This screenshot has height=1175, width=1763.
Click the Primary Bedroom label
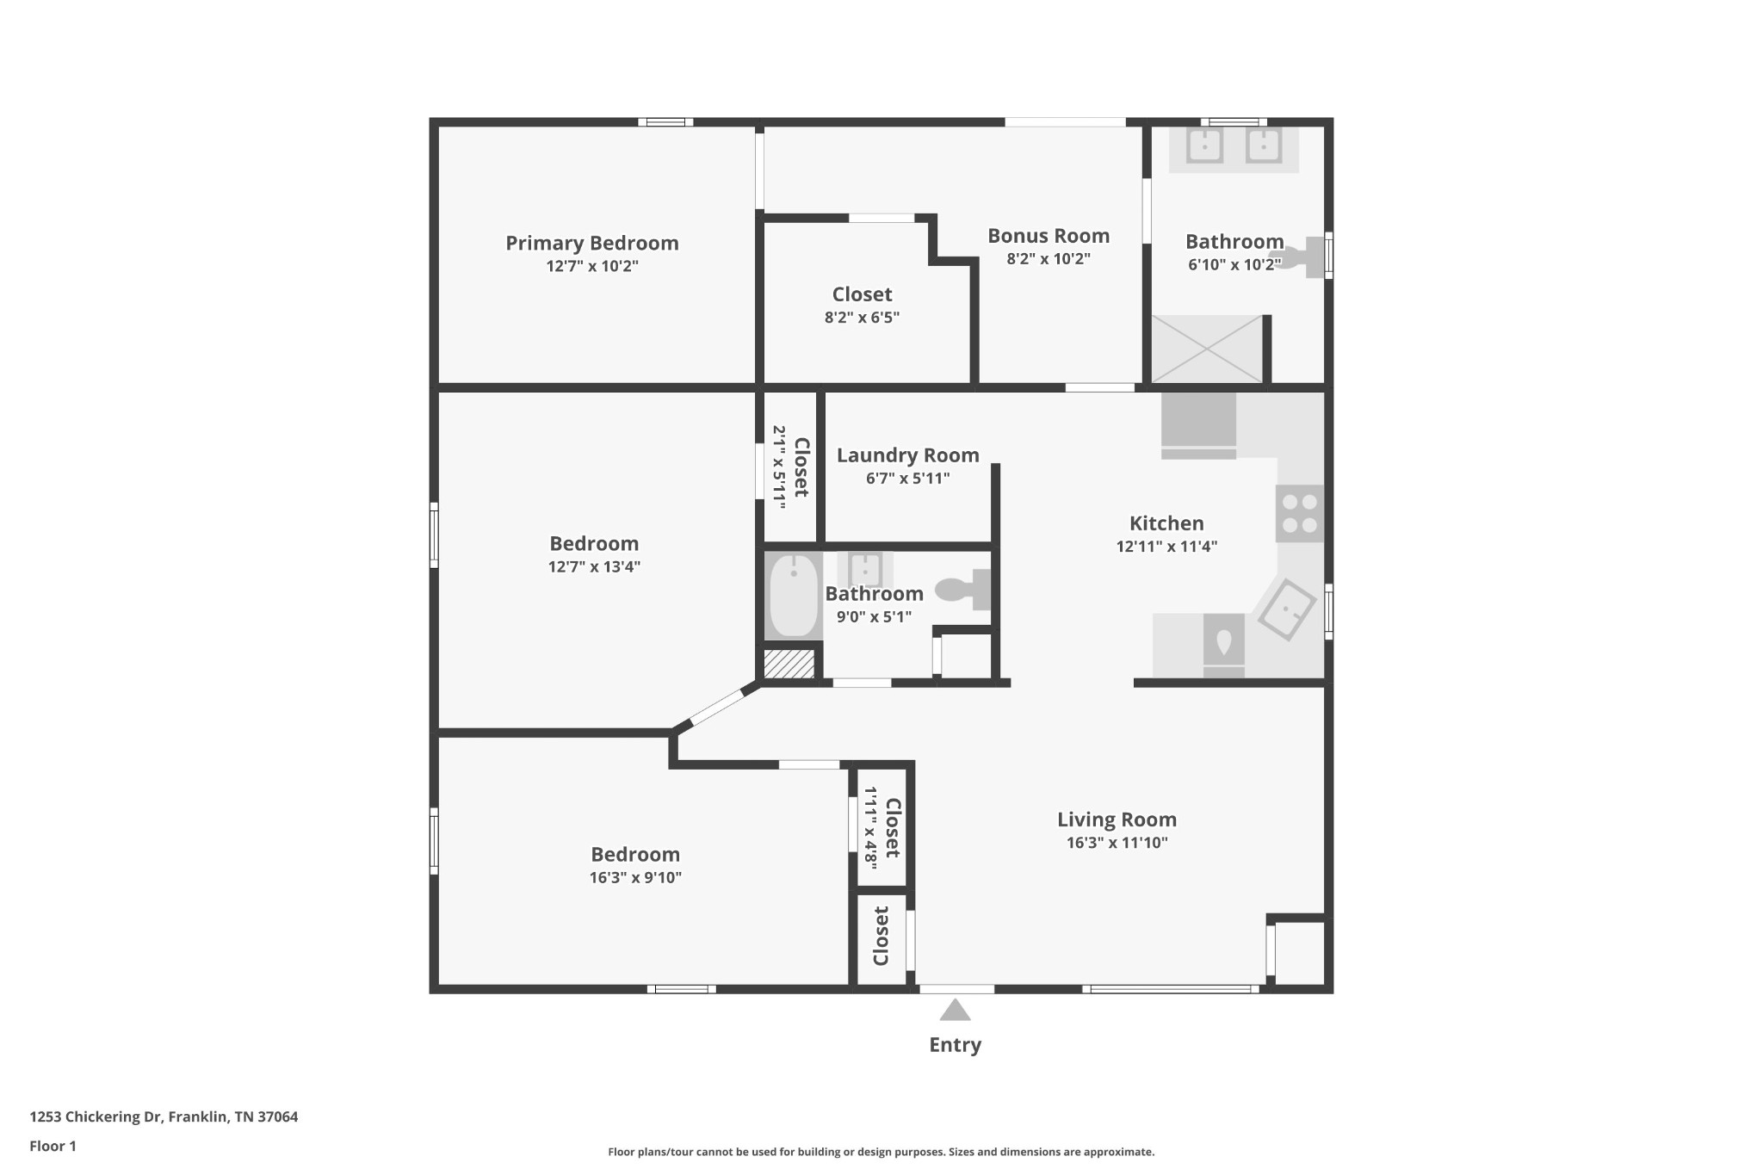591,244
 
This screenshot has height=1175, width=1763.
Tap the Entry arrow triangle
955,1010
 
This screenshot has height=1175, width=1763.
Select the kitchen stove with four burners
1299,514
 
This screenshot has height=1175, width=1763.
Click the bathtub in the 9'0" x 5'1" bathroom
793,596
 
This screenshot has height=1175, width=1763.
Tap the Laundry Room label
907,455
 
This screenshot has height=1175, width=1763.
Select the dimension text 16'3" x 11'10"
1117,843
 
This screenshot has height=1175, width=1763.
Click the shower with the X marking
1206,349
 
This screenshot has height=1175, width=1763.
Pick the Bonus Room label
1048,236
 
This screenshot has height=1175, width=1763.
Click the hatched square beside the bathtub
789,664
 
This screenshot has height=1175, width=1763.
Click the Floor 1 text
53,1147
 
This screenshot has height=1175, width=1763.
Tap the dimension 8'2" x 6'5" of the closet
862,318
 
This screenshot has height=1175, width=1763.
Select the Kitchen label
1166,523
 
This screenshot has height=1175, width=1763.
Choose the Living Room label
1117,819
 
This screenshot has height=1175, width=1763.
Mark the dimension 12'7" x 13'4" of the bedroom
594,566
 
